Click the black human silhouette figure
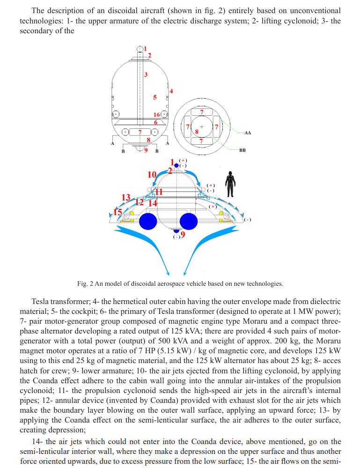pyautogui.click(x=229, y=184)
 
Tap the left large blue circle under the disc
pyautogui.click(x=148, y=221)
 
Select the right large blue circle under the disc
pyautogui.click(x=189, y=221)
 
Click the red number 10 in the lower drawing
pyautogui.click(x=152, y=175)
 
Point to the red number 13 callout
pyautogui.click(x=125, y=198)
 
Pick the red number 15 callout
pyautogui.click(x=118, y=212)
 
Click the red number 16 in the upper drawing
pyautogui.click(x=157, y=115)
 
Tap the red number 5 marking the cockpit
pyautogui.click(x=155, y=97)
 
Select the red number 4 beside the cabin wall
pyautogui.click(x=171, y=91)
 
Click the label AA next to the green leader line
pyautogui.click(x=248, y=133)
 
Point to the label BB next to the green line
pyautogui.click(x=242, y=150)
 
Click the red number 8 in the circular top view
pyautogui.click(x=197, y=132)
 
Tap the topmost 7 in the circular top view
pyautogui.click(x=201, y=112)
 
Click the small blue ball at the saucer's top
pyautogui.click(x=176, y=165)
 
